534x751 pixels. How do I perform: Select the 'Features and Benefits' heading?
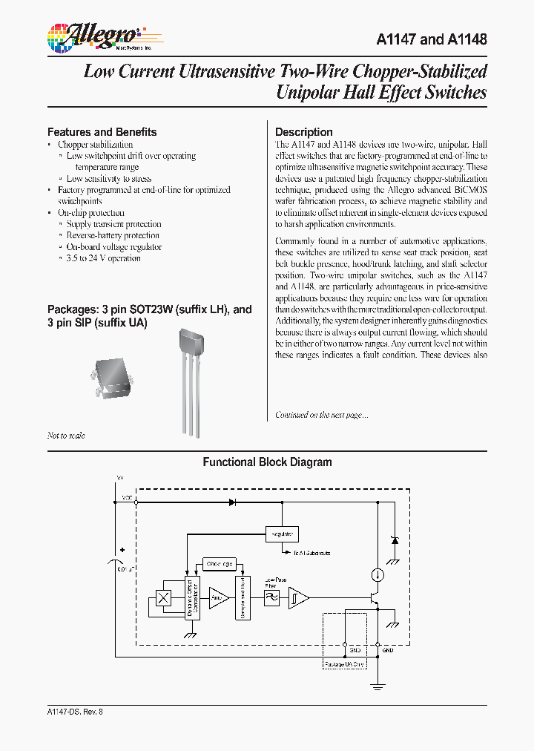[102, 132]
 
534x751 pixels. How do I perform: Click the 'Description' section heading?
[303, 132]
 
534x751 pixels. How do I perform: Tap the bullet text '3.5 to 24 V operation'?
[103, 258]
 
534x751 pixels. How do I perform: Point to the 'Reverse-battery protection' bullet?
[113, 235]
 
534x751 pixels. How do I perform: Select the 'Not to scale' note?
[66, 436]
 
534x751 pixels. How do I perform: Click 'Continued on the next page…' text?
[321, 415]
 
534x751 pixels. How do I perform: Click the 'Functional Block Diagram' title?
[267, 462]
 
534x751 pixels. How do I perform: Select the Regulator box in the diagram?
[282, 534]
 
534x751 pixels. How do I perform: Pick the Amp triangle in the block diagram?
[218, 597]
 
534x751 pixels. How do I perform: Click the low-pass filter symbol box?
[272, 597]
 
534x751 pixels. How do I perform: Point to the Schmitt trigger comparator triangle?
[298, 597]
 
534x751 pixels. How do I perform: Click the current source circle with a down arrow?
[378, 574]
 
